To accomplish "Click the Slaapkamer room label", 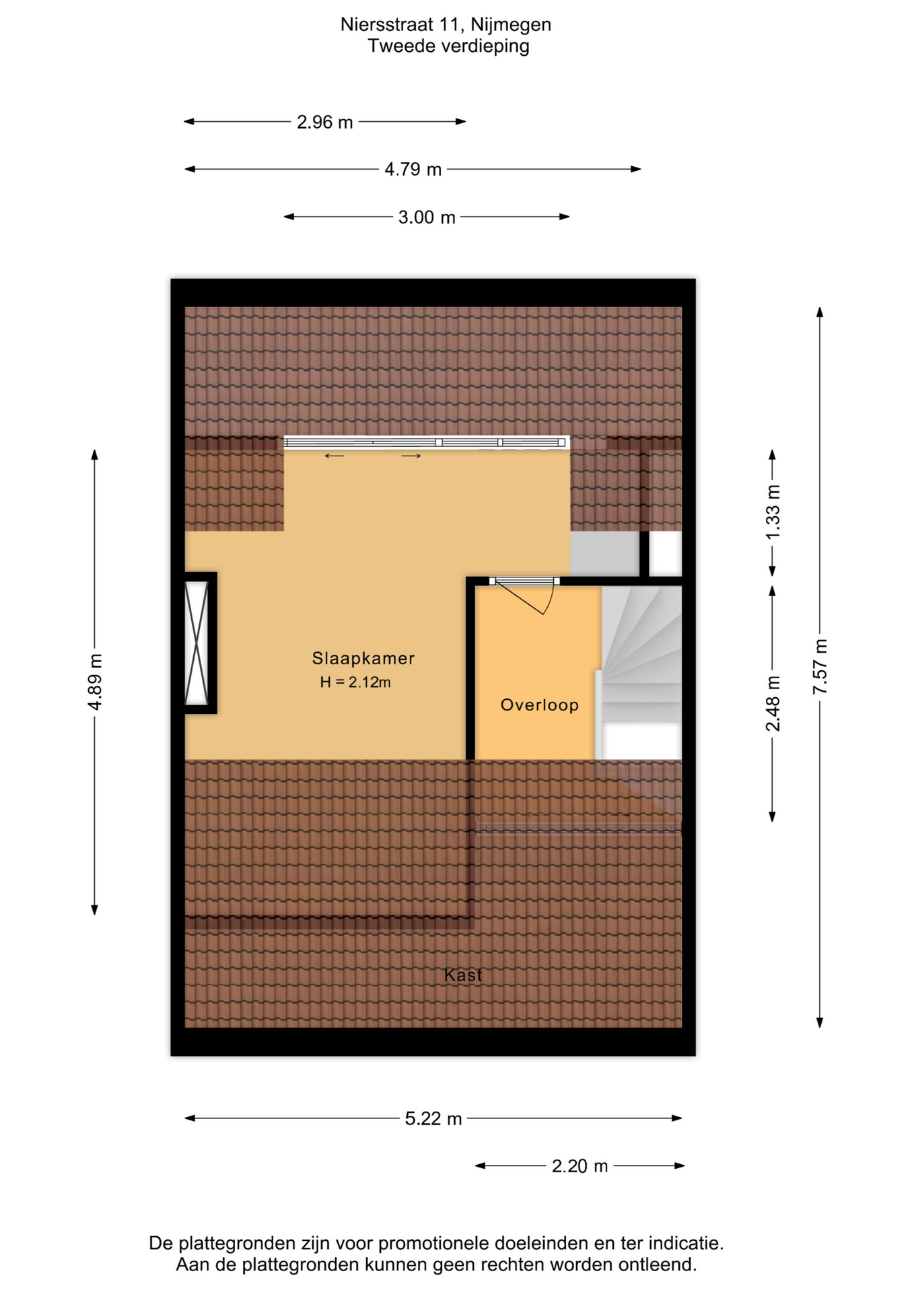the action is [363, 658].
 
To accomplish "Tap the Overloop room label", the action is [540, 705].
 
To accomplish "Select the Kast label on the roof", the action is [463, 975].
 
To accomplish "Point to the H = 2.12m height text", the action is [355, 682].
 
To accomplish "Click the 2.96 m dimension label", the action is [325, 122].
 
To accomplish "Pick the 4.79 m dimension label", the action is [413, 170].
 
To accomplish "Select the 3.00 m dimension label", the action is [427, 217].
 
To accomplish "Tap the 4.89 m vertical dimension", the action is [95, 682].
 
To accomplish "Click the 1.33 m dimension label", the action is [773, 511].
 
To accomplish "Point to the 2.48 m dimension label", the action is [773, 704].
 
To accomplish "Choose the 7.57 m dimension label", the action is [820, 667].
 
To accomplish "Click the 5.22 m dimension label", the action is [433, 1119].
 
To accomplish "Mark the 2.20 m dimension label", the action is [579, 1166].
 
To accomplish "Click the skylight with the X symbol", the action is [197, 643].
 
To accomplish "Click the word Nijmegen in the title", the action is [511, 25].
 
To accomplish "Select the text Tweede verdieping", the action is [448, 46].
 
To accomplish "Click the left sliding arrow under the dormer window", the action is [335, 456].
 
